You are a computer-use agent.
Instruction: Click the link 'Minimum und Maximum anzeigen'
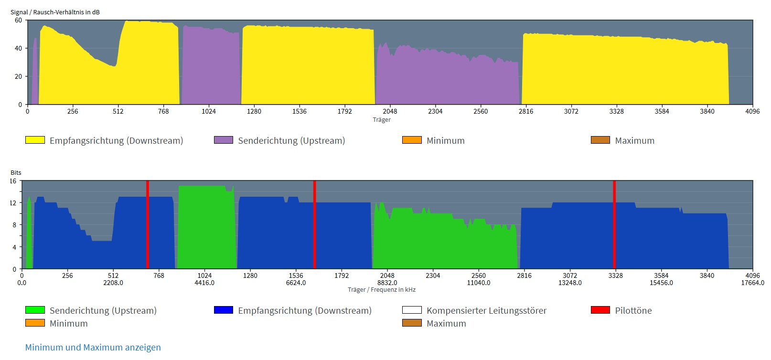[x=93, y=347]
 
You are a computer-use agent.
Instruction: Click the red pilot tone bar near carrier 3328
[x=614, y=224]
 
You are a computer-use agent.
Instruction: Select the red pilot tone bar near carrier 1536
[x=314, y=224]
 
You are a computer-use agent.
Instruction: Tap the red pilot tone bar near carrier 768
[x=148, y=224]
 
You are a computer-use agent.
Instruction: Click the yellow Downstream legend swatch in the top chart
[x=35, y=140]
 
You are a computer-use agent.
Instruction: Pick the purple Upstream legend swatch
[x=224, y=140]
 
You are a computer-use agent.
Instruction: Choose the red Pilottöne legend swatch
[x=600, y=310]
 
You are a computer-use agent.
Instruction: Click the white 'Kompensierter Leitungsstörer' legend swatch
[x=412, y=310]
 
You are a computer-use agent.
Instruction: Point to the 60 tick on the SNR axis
[x=18, y=20]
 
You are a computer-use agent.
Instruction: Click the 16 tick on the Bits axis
[x=13, y=181]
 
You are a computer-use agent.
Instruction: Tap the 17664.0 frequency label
[x=752, y=283]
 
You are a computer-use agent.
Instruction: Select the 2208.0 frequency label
[x=113, y=283]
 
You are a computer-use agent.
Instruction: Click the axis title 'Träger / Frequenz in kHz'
[x=382, y=290]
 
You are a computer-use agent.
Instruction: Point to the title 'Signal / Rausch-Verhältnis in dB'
[x=55, y=12]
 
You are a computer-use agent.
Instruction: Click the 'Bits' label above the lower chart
[x=16, y=172]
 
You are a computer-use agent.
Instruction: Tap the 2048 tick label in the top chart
[x=390, y=111]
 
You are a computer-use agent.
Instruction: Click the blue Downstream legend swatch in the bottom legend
[x=224, y=310]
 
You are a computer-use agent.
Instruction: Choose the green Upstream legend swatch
[x=35, y=310]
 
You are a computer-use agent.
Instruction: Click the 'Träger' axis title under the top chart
[x=382, y=120]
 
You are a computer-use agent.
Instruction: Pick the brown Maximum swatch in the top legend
[x=600, y=140]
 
